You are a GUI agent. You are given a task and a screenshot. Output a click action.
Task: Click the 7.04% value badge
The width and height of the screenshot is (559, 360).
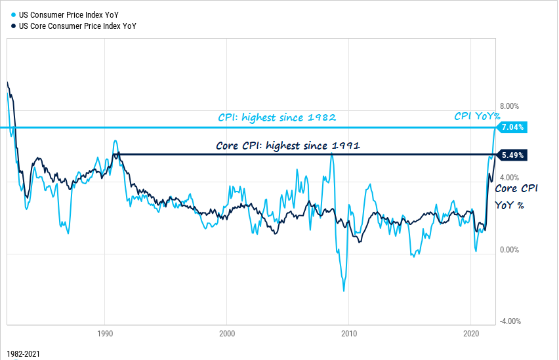[x=513, y=127]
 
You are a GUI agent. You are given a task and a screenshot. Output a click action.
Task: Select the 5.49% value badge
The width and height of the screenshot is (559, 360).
[x=513, y=155]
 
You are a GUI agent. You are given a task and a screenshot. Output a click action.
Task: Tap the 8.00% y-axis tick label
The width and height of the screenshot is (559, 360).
[x=510, y=106]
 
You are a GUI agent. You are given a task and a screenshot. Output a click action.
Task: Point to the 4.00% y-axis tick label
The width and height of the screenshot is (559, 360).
[x=510, y=178]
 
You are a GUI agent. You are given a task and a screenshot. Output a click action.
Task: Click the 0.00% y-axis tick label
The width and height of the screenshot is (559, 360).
[x=510, y=250]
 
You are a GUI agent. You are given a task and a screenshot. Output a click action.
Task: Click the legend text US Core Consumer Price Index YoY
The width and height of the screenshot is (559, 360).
[x=77, y=26]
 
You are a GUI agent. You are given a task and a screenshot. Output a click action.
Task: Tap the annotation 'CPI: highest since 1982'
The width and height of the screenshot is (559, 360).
[x=277, y=118]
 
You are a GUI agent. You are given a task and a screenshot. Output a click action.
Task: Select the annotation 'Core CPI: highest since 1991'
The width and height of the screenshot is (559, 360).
[x=288, y=146]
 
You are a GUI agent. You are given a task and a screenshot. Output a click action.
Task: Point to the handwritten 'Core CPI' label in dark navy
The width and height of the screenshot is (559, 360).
[x=516, y=188]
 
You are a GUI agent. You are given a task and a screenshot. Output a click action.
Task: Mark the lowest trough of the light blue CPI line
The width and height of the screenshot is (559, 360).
[x=343, y=290]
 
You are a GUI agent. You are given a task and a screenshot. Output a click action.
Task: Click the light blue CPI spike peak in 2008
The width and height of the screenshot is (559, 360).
[x=332, y=155]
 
